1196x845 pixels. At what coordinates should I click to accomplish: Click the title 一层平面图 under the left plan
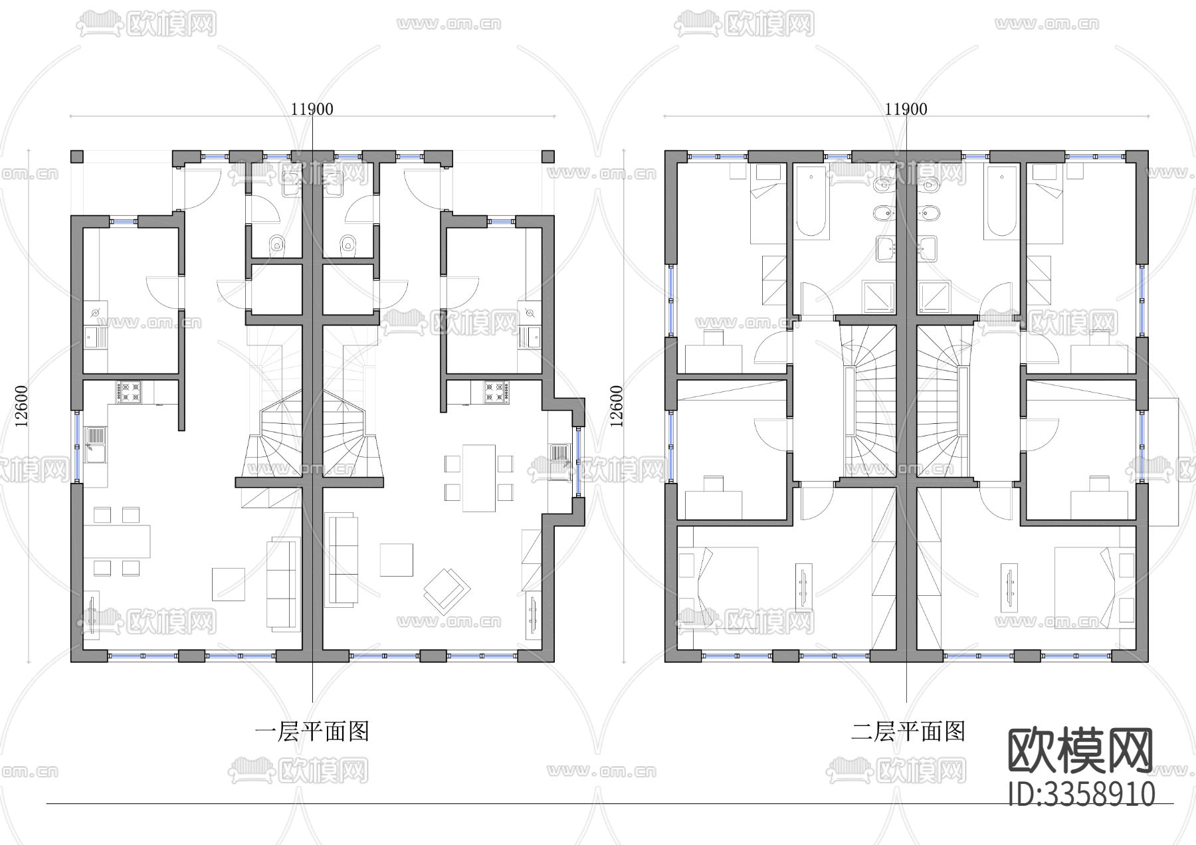click(312, 731)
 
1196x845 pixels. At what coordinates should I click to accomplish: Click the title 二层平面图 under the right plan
click(908, 731)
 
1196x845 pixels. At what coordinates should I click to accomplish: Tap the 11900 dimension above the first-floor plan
click(312, 109)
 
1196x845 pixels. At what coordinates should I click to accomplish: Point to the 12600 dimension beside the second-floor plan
click(617, 406)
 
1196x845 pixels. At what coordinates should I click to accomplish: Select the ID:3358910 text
click(1081, 794)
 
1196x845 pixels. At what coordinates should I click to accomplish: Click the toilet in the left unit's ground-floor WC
click(277, 244)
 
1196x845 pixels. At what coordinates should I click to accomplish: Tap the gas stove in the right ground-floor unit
click(496, 391)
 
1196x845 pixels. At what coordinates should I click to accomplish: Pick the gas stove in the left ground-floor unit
click(129, 391)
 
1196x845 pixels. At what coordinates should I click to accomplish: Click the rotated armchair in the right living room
click(447, 590)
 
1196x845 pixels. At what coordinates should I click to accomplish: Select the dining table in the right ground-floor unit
click(479, 478)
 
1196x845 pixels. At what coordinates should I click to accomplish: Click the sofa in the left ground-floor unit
click(282, 585)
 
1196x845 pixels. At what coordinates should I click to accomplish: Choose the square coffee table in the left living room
click(228, 585)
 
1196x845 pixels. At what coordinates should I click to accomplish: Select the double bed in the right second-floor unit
click(1090, 585)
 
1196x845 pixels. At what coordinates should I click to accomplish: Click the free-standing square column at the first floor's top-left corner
click(77, 157)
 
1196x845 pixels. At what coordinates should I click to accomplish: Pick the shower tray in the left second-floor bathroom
click(878, 296)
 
